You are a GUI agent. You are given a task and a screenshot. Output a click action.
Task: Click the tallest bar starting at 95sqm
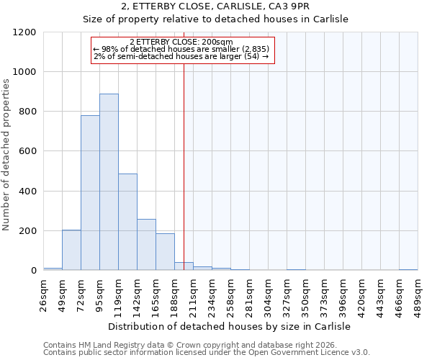pyautogui.click(x=109, y=182)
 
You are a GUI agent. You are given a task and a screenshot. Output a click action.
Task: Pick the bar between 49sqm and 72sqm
pyautogui.click(x=71, y=250)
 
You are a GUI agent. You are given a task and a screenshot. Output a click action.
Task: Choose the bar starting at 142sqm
pyautogui.click(x=146, y=245)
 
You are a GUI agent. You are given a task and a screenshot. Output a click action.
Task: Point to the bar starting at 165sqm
pyautogui.click(x=165, y=252)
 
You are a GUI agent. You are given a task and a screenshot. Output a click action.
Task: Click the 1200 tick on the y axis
pyautogui.click(x=24, y=32)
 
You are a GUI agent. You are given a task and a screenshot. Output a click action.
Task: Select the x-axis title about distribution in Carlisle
pyautogui.click(x=230, y=326)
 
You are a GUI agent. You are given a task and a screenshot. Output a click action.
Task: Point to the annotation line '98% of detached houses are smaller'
pyautogui.click(x=181, y=49)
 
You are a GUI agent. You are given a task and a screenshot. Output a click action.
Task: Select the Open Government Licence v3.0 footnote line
pyautogui.click(x=207, y=352)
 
